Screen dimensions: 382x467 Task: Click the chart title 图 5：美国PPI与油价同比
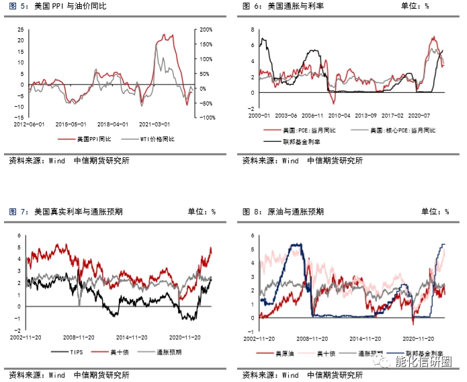tap(58, 6)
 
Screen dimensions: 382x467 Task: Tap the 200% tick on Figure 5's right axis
tap(206, 30)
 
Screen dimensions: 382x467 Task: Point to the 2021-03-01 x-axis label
tap(154, 124)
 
